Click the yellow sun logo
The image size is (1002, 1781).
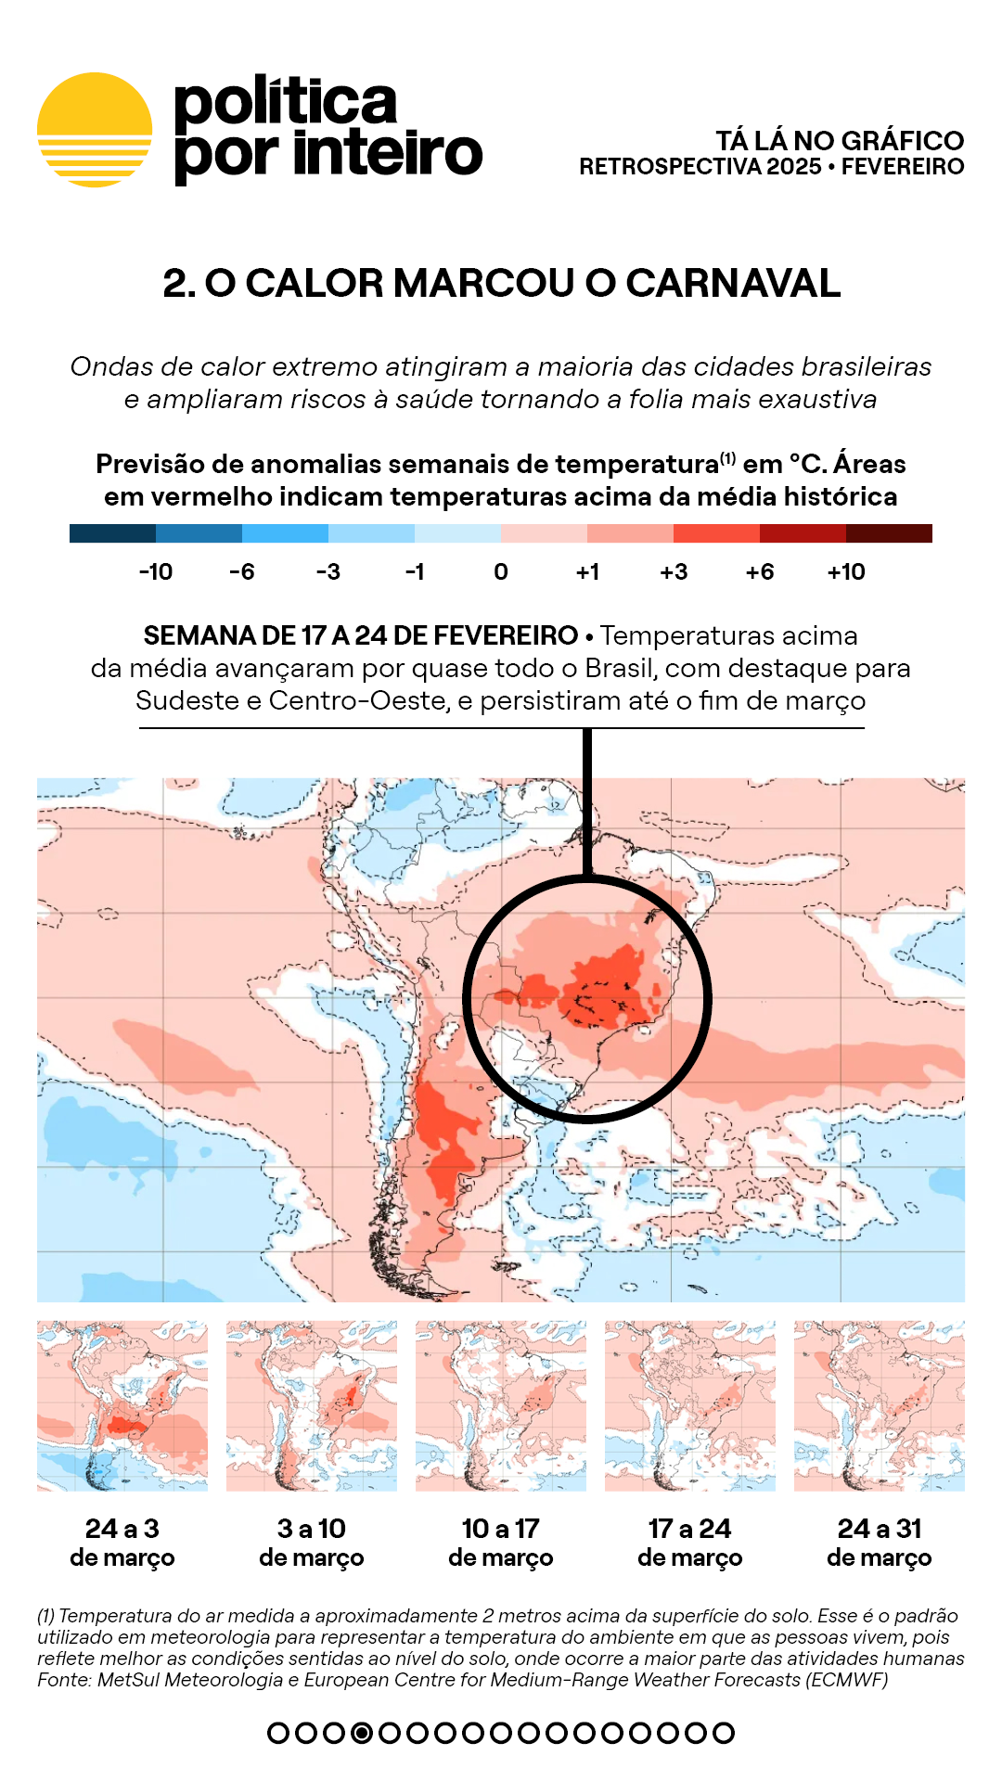(95, 130)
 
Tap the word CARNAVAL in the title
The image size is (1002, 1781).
(733, 284)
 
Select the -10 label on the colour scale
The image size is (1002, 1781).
(156, 572)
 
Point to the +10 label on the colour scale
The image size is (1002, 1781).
(845, 572)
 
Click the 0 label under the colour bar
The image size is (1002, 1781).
(501, 572)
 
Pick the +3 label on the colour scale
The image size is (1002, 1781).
(674, 572)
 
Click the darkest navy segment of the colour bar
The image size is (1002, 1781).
(112, 533)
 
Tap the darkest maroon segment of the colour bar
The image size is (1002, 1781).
(889, 533)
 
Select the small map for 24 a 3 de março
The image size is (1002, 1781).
(122, 1405)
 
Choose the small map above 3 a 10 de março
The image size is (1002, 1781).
(312, 1405)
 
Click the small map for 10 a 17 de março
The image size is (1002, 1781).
(501, 1405)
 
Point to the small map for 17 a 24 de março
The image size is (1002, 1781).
(690, 1405)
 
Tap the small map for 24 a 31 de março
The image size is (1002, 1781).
(880, 1405)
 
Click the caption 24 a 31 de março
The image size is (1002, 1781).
(880, 1543)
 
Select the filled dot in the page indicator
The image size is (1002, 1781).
(363, 1733)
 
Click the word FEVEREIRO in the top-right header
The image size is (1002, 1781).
(903, 167)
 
